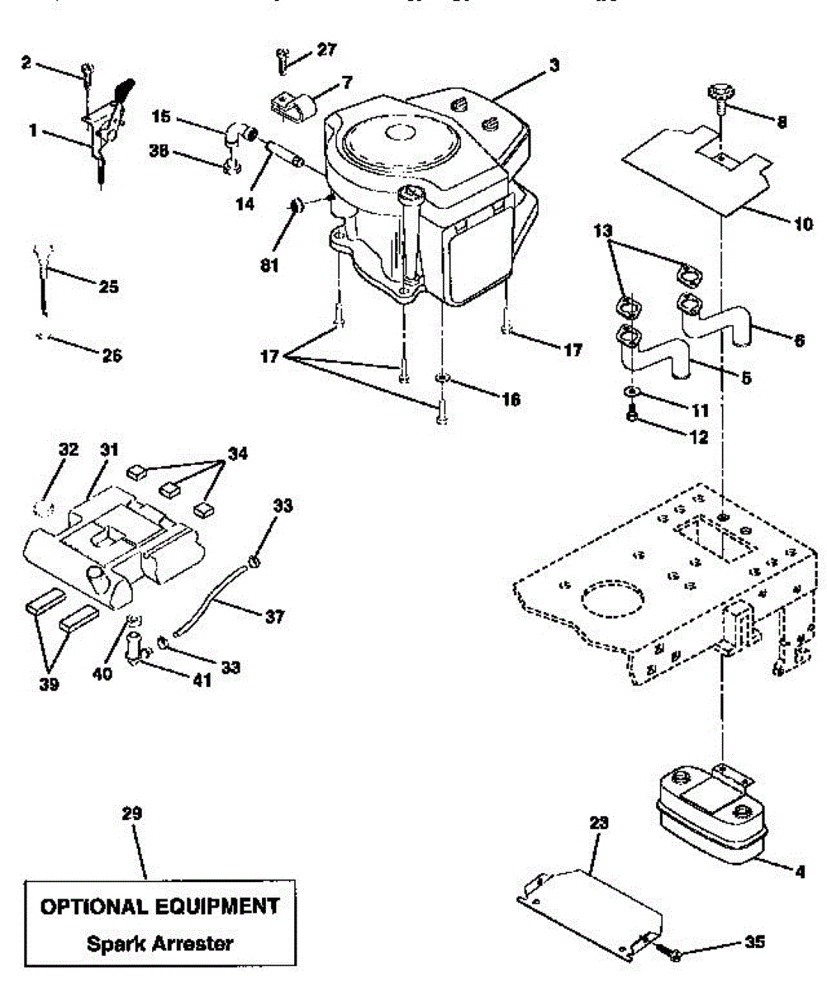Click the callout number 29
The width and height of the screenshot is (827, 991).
pyautogui.click(x=132, y=813)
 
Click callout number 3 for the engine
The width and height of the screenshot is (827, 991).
pyautogui.click(x=552, y=65)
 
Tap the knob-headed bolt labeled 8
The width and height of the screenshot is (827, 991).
pyautogui.click(x=721, y=93)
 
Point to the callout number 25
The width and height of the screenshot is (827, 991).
pyautogui.click(x=107, y=287)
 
